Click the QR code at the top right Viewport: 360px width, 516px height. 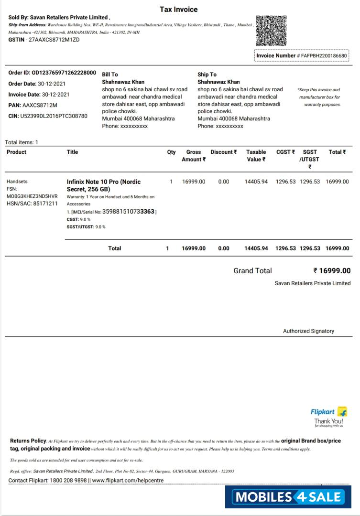point(271,30)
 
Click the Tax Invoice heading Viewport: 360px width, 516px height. point(178,10)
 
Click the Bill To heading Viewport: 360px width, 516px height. point(110,75)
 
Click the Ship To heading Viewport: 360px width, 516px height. point(207,75)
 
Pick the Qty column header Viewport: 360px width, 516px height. point(171,152)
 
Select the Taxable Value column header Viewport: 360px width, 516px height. point(256,156)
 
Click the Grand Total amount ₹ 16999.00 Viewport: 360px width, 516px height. point(332,271)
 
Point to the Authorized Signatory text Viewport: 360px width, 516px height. point(308,331)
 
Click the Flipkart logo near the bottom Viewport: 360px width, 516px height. point(329,412)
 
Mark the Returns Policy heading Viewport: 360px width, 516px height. point(28,441)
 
